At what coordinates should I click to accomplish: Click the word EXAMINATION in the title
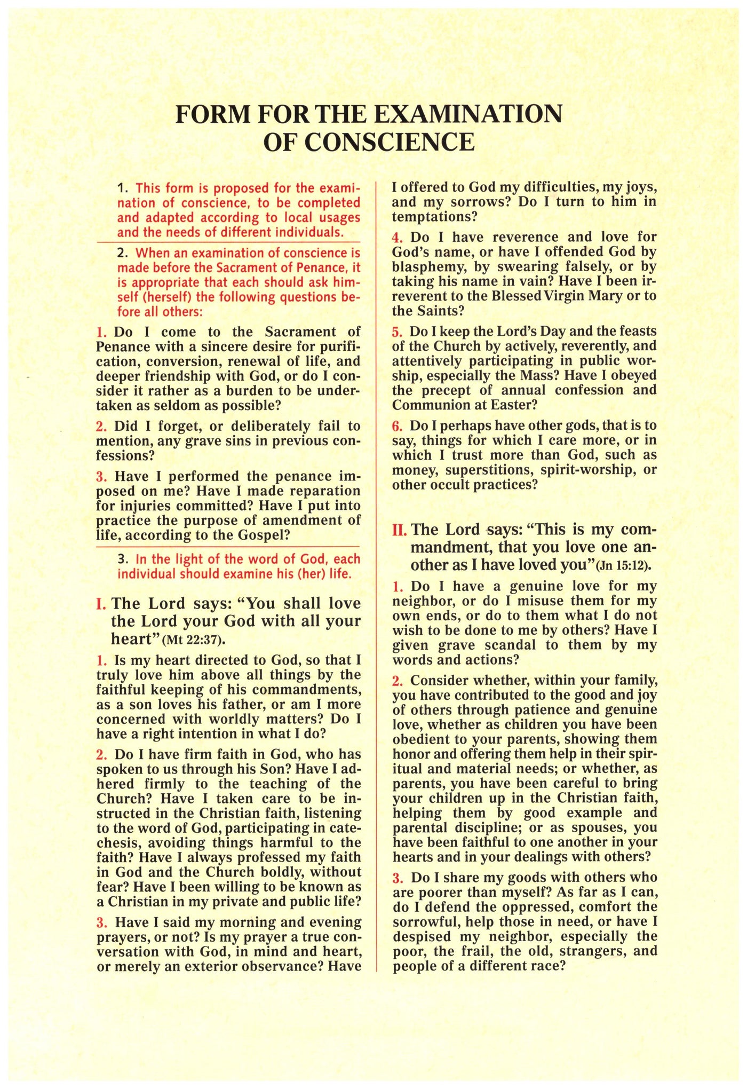(468, 114)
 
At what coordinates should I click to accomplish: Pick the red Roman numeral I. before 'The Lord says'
(101, 604)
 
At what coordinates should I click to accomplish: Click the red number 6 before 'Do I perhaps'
(396, 426)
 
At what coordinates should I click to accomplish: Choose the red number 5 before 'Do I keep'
(396, 332)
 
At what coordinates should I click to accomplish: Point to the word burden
(235, 391)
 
